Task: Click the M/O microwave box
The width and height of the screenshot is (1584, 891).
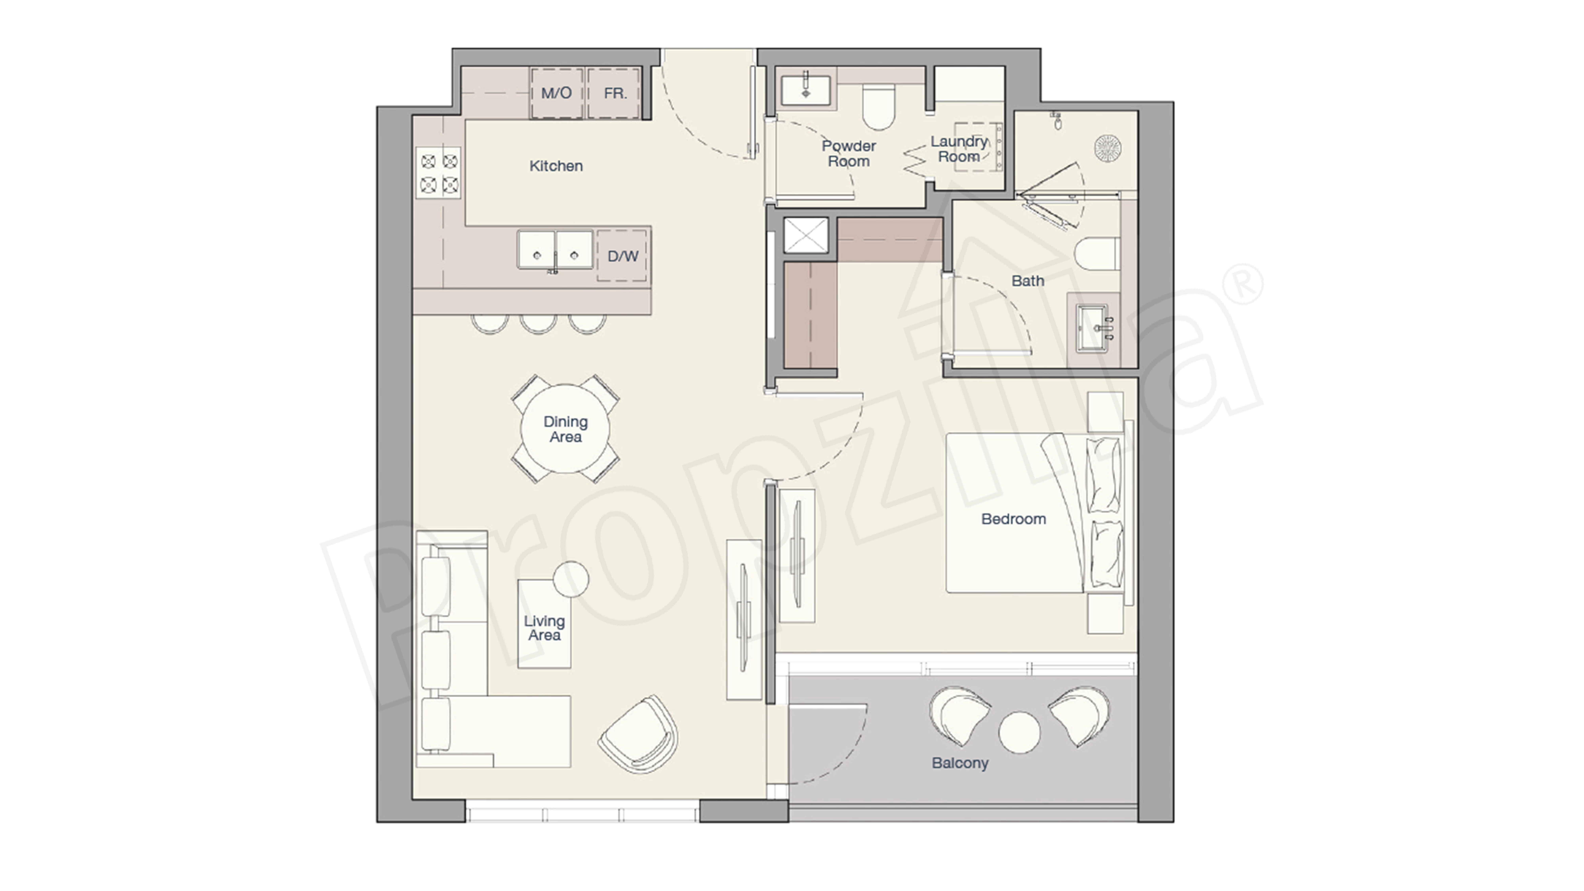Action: pos(557,93)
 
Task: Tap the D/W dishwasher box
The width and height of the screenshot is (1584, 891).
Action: pos(622,256)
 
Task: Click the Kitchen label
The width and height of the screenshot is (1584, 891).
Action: pos(556,166)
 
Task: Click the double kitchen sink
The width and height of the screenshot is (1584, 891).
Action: pos(555,250)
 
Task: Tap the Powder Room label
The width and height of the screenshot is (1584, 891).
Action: pos(849,154)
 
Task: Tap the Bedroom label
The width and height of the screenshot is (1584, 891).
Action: pos(1013,519)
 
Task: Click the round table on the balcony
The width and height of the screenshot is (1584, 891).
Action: pos(1020,732)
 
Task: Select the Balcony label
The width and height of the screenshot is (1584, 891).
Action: pos(960,763)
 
